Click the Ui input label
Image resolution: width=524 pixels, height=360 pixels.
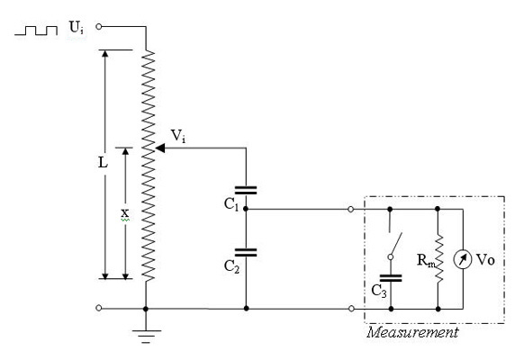(77, 28)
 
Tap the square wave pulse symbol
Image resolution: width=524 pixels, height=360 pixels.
(36, 31)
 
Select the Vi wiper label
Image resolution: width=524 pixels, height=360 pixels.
(177, 136)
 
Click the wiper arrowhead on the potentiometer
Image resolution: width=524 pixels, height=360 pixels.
(160, 148)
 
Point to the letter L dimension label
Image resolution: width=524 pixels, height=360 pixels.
(103, 163)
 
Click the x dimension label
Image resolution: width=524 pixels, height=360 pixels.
(124, 212)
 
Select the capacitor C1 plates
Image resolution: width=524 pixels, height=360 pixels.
(246, 191)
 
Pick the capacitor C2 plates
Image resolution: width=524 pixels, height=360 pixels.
(246, 253)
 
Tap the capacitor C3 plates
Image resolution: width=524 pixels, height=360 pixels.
(391, 278)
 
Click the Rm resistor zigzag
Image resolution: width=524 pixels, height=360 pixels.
(438, 258)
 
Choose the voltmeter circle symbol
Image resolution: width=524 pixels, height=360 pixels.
(463, 259)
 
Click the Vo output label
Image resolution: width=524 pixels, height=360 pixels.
(485, 259)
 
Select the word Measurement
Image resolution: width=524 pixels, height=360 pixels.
(412, 333)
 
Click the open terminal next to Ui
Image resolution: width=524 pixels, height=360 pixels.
(98, 26)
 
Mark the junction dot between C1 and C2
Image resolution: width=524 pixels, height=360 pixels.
(246, 209)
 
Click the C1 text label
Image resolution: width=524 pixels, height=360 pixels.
(231, 204)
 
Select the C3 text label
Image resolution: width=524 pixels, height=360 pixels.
(379, 291)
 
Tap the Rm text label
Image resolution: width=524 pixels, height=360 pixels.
(426, 260)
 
